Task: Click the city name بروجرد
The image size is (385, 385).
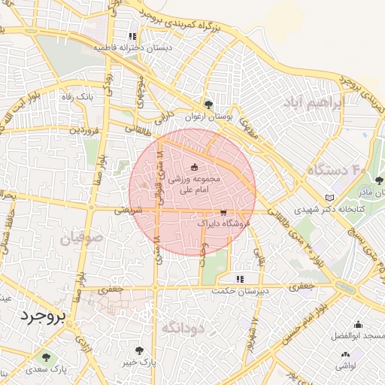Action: click(44, 314)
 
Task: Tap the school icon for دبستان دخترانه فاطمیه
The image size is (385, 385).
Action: click(132, 36)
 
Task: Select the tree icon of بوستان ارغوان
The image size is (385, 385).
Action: click(208, 104)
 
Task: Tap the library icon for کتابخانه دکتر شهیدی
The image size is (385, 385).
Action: click(329, 198)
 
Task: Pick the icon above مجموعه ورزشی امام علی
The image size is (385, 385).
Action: click(195, 167)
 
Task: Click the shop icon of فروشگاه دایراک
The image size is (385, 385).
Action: click(223, 213)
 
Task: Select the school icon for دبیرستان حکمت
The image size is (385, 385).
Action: click(239, 279)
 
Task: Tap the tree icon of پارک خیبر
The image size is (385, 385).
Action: click(141, 350)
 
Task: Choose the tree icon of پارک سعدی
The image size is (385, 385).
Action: click(47, 357)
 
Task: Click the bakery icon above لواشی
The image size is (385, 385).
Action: click(345, 354)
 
